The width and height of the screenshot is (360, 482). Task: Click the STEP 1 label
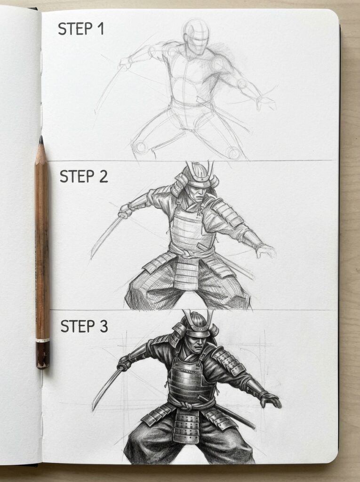tap(80, 29)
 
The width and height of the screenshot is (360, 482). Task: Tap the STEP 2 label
tap(83, 176)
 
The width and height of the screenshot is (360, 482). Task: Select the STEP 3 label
tap(83, 326)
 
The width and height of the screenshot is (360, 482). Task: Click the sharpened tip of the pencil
tap(41, 140)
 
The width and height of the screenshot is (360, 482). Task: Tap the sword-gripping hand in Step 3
tap(124, 362)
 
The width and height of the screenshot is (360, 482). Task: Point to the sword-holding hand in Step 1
tap(125, 63)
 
